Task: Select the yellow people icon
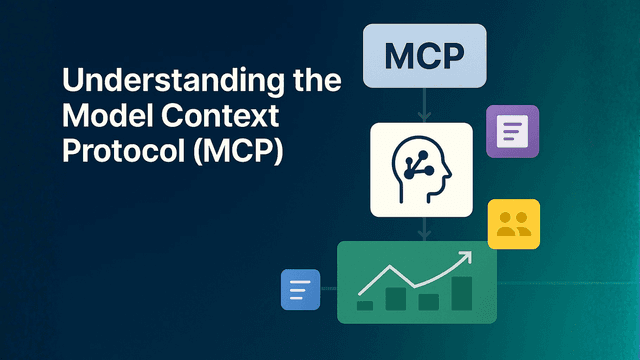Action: click(513, 224)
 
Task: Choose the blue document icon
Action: click(300, 289)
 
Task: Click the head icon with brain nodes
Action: click(420, 169)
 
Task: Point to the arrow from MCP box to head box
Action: click(424, 103)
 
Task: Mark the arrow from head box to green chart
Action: click(424, 229)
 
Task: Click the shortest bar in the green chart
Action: click(366, 305)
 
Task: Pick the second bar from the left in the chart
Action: click(397, 299)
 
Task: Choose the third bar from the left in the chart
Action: click(429, 301)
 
